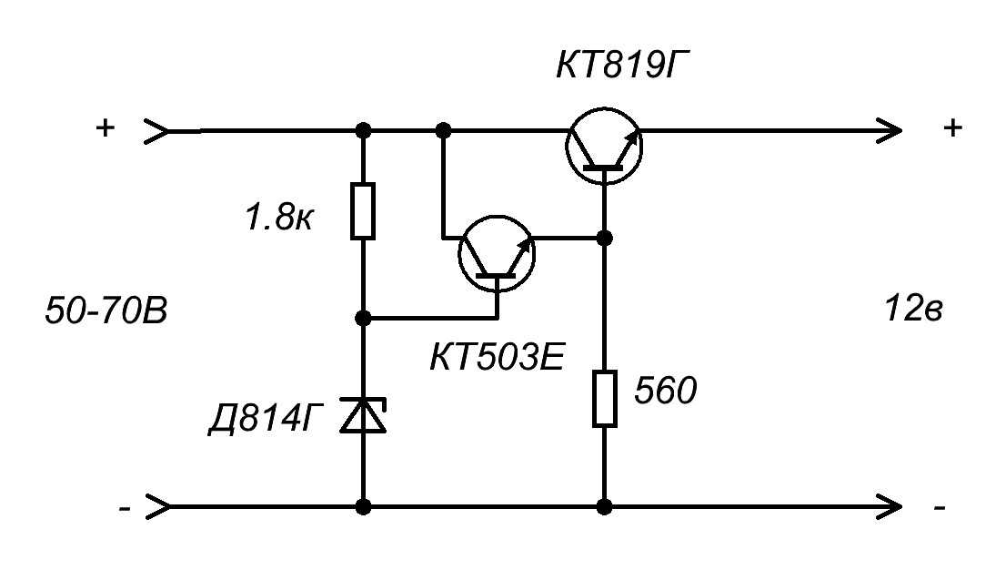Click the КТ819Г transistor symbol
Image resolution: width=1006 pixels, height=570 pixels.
(x=604, y=147)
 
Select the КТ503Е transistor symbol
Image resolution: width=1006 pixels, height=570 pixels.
(x=497, y=254)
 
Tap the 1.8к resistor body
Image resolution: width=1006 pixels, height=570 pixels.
(x=363, y=211)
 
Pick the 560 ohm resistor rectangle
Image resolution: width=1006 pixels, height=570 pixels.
(x=604, y=399)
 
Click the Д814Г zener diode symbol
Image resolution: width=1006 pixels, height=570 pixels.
(x=363, y=414)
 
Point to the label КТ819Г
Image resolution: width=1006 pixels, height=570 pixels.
(x=624, y=66)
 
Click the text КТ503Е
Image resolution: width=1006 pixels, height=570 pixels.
(x=498, y=357)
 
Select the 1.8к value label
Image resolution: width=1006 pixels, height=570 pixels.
(x=279, y=218)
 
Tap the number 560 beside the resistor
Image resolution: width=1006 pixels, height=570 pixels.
(x=665, y=391)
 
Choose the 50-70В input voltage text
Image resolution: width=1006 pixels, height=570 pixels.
(x=106, y=311)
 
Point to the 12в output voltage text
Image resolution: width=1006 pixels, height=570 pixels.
(x=913, y=309)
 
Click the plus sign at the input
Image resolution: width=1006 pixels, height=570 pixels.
(x=105, y=127)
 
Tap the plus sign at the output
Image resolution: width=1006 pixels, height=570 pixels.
(x=952, y=127)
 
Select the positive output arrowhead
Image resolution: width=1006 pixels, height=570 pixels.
(x=890, y=131)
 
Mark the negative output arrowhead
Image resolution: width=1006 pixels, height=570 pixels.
(x=890, y=508)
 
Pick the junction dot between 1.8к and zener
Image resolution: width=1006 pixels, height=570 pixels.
(x=363, y=318)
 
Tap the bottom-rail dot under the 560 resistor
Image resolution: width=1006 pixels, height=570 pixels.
(x=604, y=508)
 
